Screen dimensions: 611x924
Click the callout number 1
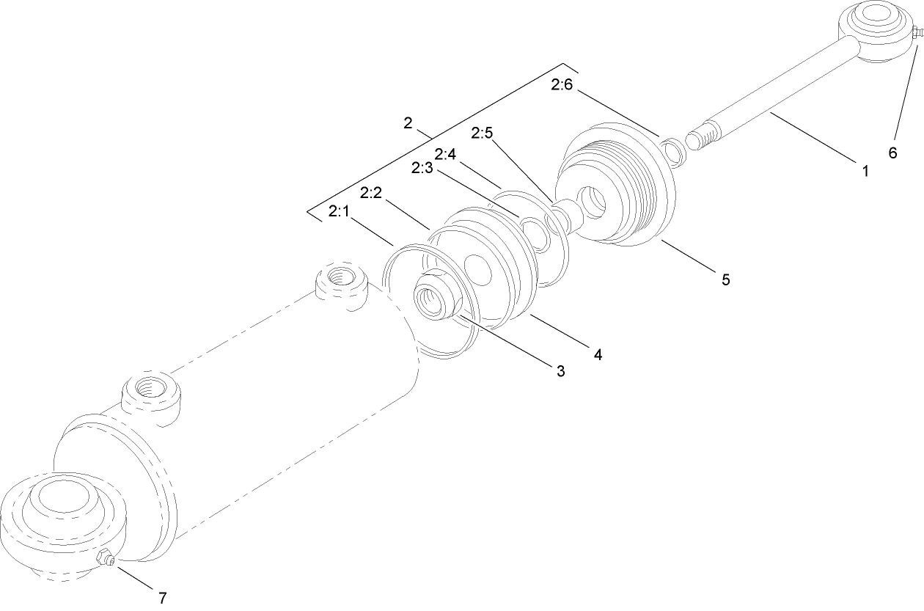(x=865, y=172)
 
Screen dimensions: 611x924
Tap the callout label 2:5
(x=483, y=133)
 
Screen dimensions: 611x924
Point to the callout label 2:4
(x=445, y=155)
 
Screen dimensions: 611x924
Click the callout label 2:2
(x=372, y=193)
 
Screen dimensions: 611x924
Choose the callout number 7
(x=162, y=597)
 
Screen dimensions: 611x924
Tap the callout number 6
(x=892, y=153)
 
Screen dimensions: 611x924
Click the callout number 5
(x=725, y=279)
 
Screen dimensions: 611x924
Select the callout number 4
(x=598, y=354)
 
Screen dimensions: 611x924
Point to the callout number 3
(x=560, y=371)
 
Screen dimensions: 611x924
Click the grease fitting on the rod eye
(x=914, y=33)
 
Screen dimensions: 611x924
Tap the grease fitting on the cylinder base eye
(x=106, y=560)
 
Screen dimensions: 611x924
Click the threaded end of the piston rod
(x=703, y=138)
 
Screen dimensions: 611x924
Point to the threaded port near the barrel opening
(x=340, y=278)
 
